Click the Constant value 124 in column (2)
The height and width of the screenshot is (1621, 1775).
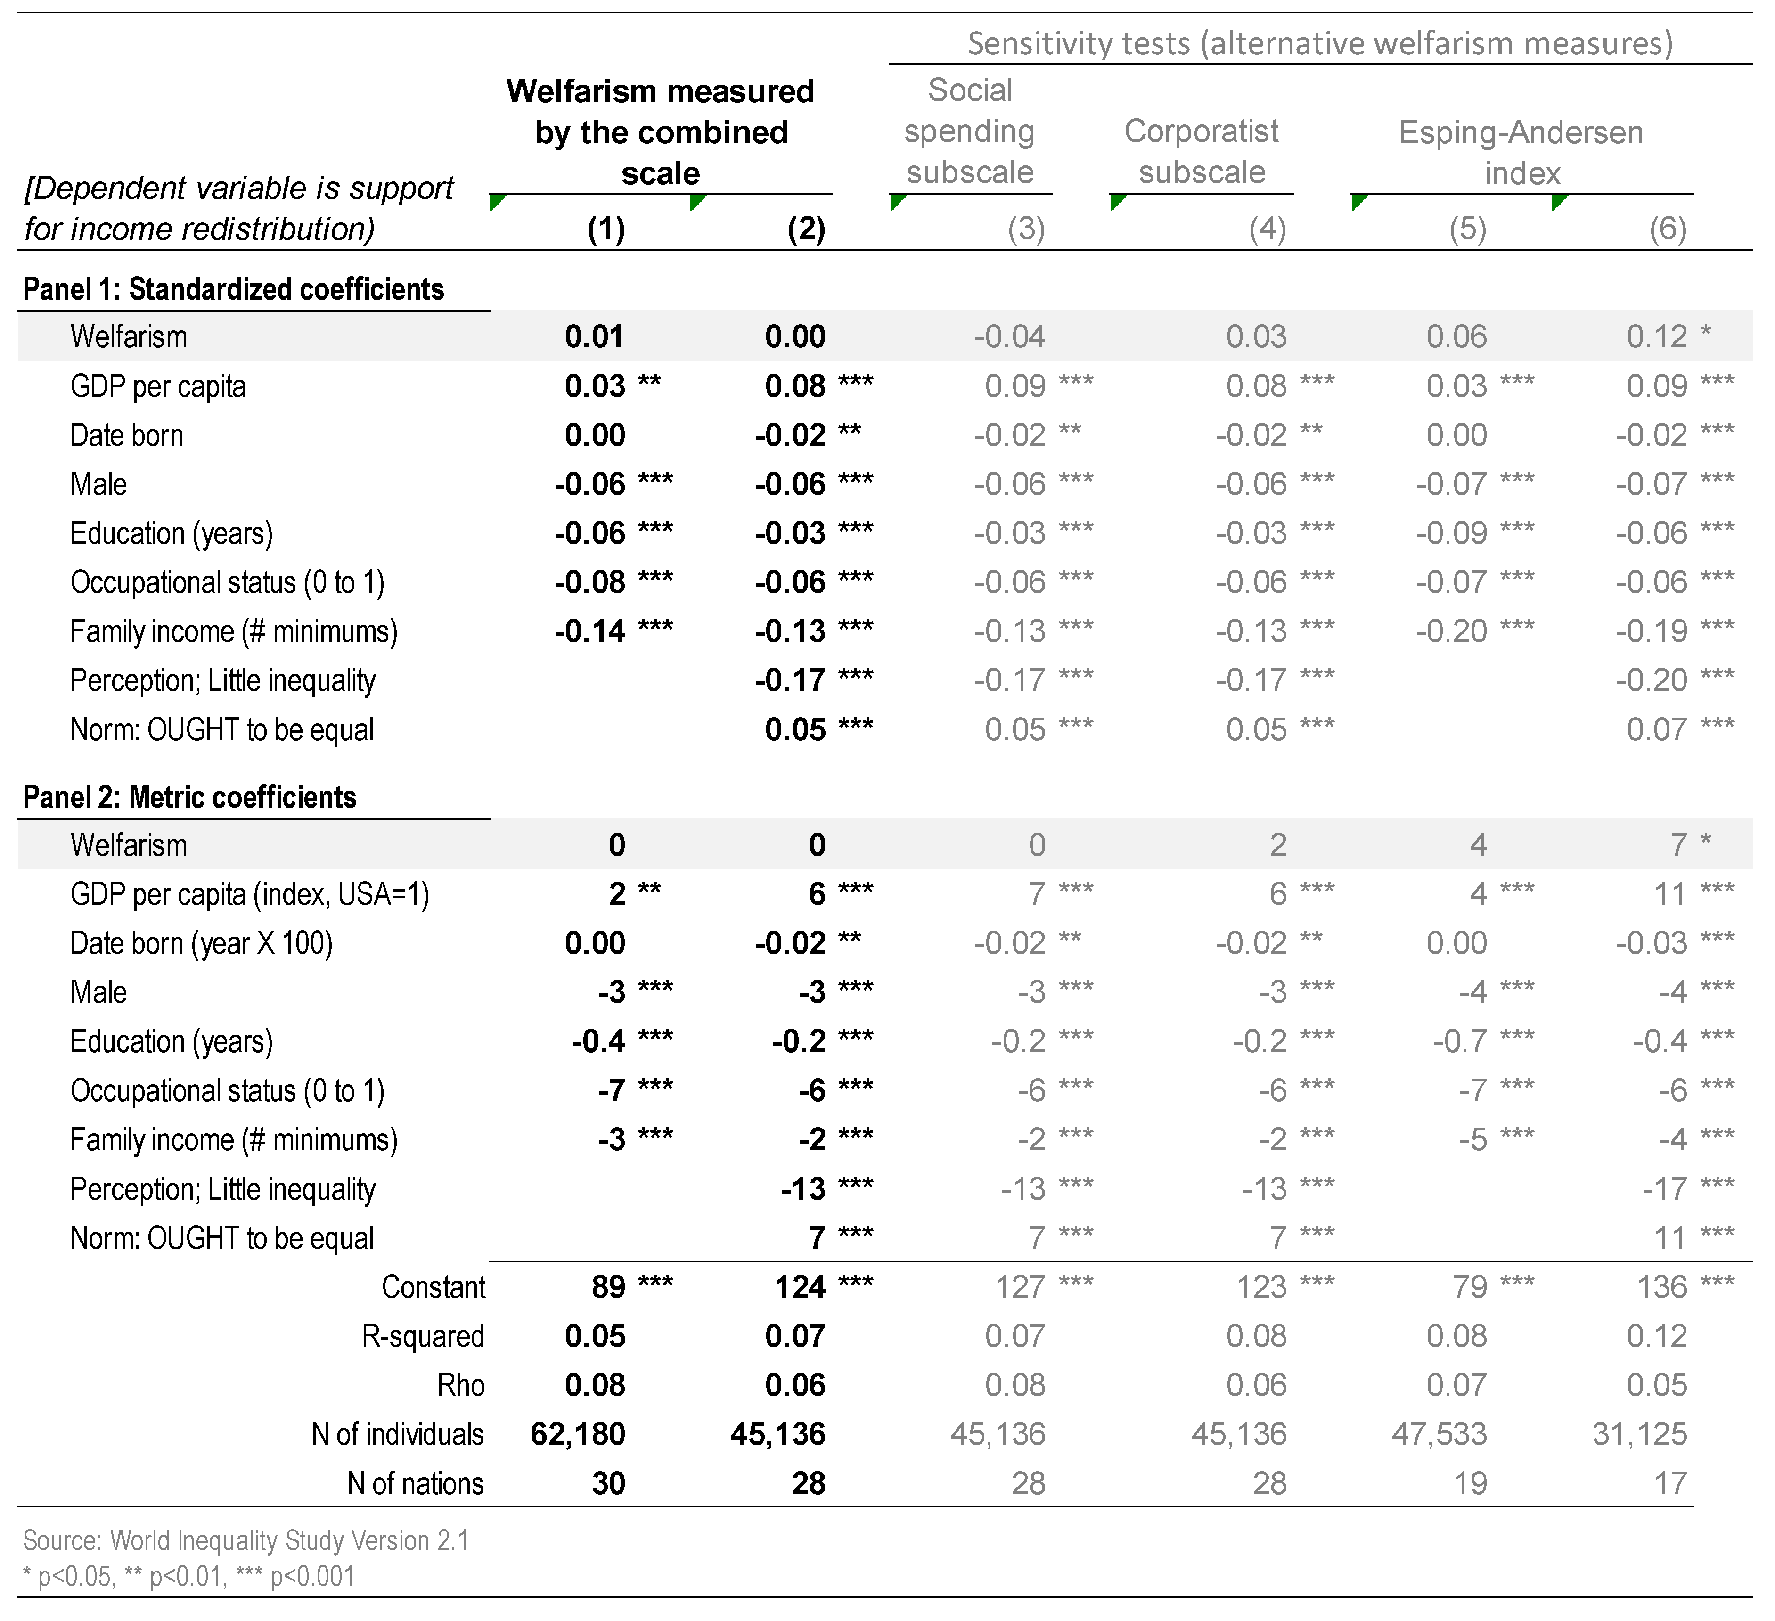[x=800, y=1287]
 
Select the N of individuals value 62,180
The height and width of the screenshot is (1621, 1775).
[x=578, y=1434]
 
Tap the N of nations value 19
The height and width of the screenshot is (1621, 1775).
[x=1470, y=1484]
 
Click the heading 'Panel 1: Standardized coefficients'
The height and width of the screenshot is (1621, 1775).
[x=233, y=290]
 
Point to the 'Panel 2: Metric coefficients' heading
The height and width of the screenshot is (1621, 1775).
[x=189, y=798]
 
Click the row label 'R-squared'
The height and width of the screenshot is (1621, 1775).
[x=423, y=1336]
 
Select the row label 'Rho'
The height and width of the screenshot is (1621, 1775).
[x=460, y=1386]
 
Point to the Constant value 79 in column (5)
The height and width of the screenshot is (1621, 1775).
[x=1470, y=1287]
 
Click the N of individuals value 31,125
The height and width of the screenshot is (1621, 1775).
[x=1639, y=1434]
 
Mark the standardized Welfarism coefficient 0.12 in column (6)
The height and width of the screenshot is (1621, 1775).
[x=1656, y=336]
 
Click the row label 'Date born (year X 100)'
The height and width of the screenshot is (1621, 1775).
[x=202, y=944]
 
